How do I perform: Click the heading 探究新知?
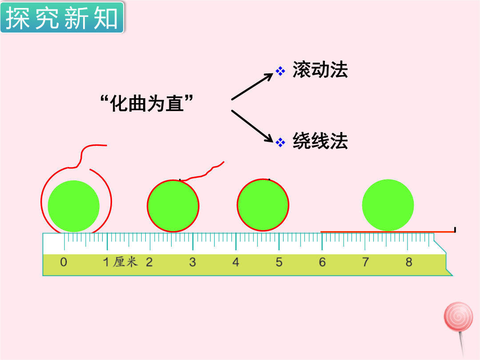tap(62, 18)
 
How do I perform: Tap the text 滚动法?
tap(320, 70)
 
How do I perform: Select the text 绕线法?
tap(320, 141)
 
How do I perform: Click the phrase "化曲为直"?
tap(147, 103)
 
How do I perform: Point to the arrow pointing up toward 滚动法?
tap(252, 86)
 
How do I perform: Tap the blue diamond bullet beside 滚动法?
tap(280, 71)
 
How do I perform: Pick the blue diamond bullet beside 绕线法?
tap(280, 142)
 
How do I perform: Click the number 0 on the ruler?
tap(64, 262)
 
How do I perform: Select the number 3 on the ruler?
tap(192, 262)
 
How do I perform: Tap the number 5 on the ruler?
tap(279, 262)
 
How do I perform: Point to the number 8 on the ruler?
tap(409, 262)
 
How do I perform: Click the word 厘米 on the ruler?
tap(125, 262)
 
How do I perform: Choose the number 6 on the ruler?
tap(322, 262)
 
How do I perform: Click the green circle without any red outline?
tap(388, 205)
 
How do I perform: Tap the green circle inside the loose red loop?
tap(74, 206)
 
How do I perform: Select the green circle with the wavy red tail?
tap(173, 206)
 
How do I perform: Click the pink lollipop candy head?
tap(458, 317)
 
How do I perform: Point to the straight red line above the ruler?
tap(388, 232)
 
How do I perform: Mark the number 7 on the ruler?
tap(365, 262)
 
